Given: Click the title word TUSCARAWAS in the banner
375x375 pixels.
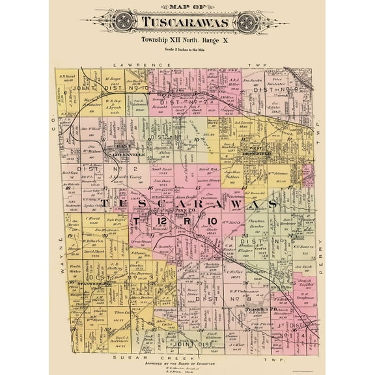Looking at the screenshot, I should point(188,23).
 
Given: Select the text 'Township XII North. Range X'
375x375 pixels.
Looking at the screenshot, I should point(187,40).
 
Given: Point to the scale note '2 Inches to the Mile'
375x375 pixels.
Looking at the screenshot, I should point(187,50).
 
